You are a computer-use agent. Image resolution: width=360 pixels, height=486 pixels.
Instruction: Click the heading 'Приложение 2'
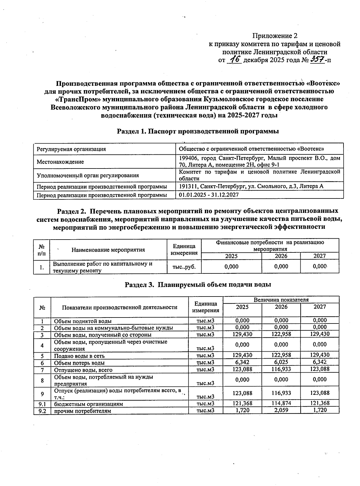click(x=272, y=36)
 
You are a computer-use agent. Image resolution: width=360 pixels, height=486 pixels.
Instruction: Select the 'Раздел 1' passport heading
click(x=198, y=131)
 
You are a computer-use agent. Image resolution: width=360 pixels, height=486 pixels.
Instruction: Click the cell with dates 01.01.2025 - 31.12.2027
click(x=209, y=195)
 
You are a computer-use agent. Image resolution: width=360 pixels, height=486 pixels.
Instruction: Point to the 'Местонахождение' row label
click(x=60, y=162)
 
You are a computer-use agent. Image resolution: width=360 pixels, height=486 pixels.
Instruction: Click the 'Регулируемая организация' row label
click(x=71, y=149)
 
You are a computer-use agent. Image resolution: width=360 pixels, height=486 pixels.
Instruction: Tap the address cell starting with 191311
click(x=251, y=186)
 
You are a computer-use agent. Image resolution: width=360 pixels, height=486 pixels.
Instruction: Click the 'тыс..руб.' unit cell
click(x=184, y=267)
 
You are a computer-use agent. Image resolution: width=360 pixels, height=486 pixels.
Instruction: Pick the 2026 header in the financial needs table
click(x=281, y=256)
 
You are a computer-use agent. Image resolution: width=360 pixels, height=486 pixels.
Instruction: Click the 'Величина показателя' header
click(x=281, y=300)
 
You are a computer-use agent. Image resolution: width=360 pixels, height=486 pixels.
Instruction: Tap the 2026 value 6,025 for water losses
click(x=281, y=362)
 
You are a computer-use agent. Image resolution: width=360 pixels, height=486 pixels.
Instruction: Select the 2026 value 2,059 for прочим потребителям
click(x=281, y=410)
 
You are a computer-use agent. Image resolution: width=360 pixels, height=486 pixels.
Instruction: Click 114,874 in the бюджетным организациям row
click(x=281, y=403)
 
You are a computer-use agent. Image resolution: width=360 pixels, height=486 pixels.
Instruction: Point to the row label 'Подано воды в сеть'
click(x=79, y=356)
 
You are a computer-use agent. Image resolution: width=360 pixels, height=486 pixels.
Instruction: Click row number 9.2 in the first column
click(x=42, y=411)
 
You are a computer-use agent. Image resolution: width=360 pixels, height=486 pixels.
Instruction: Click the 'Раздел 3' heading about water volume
click(x=198, y=285)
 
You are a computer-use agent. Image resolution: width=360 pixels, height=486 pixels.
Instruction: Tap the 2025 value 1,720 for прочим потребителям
click(x=242, y=410)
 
